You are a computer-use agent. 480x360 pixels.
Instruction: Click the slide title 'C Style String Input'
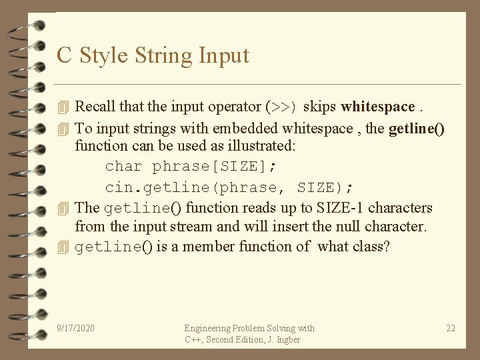point(153,55)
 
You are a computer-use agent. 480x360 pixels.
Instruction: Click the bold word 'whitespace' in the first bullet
point(377,107)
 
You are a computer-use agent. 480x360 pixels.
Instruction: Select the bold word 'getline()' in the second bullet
point(417,129)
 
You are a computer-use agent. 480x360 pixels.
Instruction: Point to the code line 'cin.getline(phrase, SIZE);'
point(229,188)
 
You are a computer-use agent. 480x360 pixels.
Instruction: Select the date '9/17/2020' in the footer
point(76,328)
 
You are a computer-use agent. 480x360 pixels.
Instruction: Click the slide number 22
point(451,328)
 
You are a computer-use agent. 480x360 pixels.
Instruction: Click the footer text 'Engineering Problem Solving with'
point(249,328)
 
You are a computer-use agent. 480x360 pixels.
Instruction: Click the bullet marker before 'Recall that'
point(63,107)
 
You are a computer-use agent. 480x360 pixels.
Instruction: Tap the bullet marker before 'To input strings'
point(63,129)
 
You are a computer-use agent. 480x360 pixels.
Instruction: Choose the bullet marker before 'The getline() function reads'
point(63,209)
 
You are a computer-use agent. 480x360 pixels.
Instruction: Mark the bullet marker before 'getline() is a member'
point(63,247)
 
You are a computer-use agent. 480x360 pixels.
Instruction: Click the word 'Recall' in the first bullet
point(94,107)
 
